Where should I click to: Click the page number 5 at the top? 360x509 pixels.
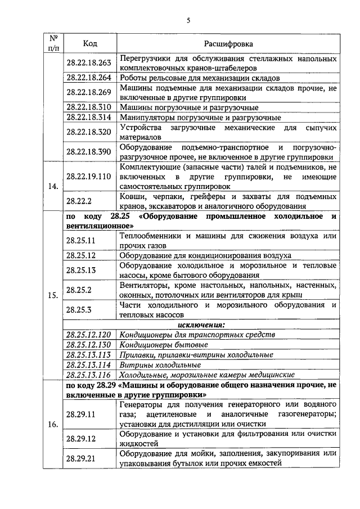click(188, 21)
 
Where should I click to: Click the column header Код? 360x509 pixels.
click(90, 43)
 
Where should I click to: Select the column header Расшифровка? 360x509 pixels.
click(228, 43)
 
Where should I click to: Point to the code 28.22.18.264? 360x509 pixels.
click(89, 78)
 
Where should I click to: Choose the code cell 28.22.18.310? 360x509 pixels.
click(89, 106)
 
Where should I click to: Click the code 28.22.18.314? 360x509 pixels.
click(89, 117)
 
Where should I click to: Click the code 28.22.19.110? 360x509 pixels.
click(89, 176)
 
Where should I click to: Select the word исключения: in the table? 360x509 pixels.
click(201, 325)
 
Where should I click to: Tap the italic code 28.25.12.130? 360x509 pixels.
click(89, 344)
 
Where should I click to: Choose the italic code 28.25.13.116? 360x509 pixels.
click(89, 375)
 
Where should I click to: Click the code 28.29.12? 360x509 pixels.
click(82, 438)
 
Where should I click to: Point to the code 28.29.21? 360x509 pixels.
click(82, 458)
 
